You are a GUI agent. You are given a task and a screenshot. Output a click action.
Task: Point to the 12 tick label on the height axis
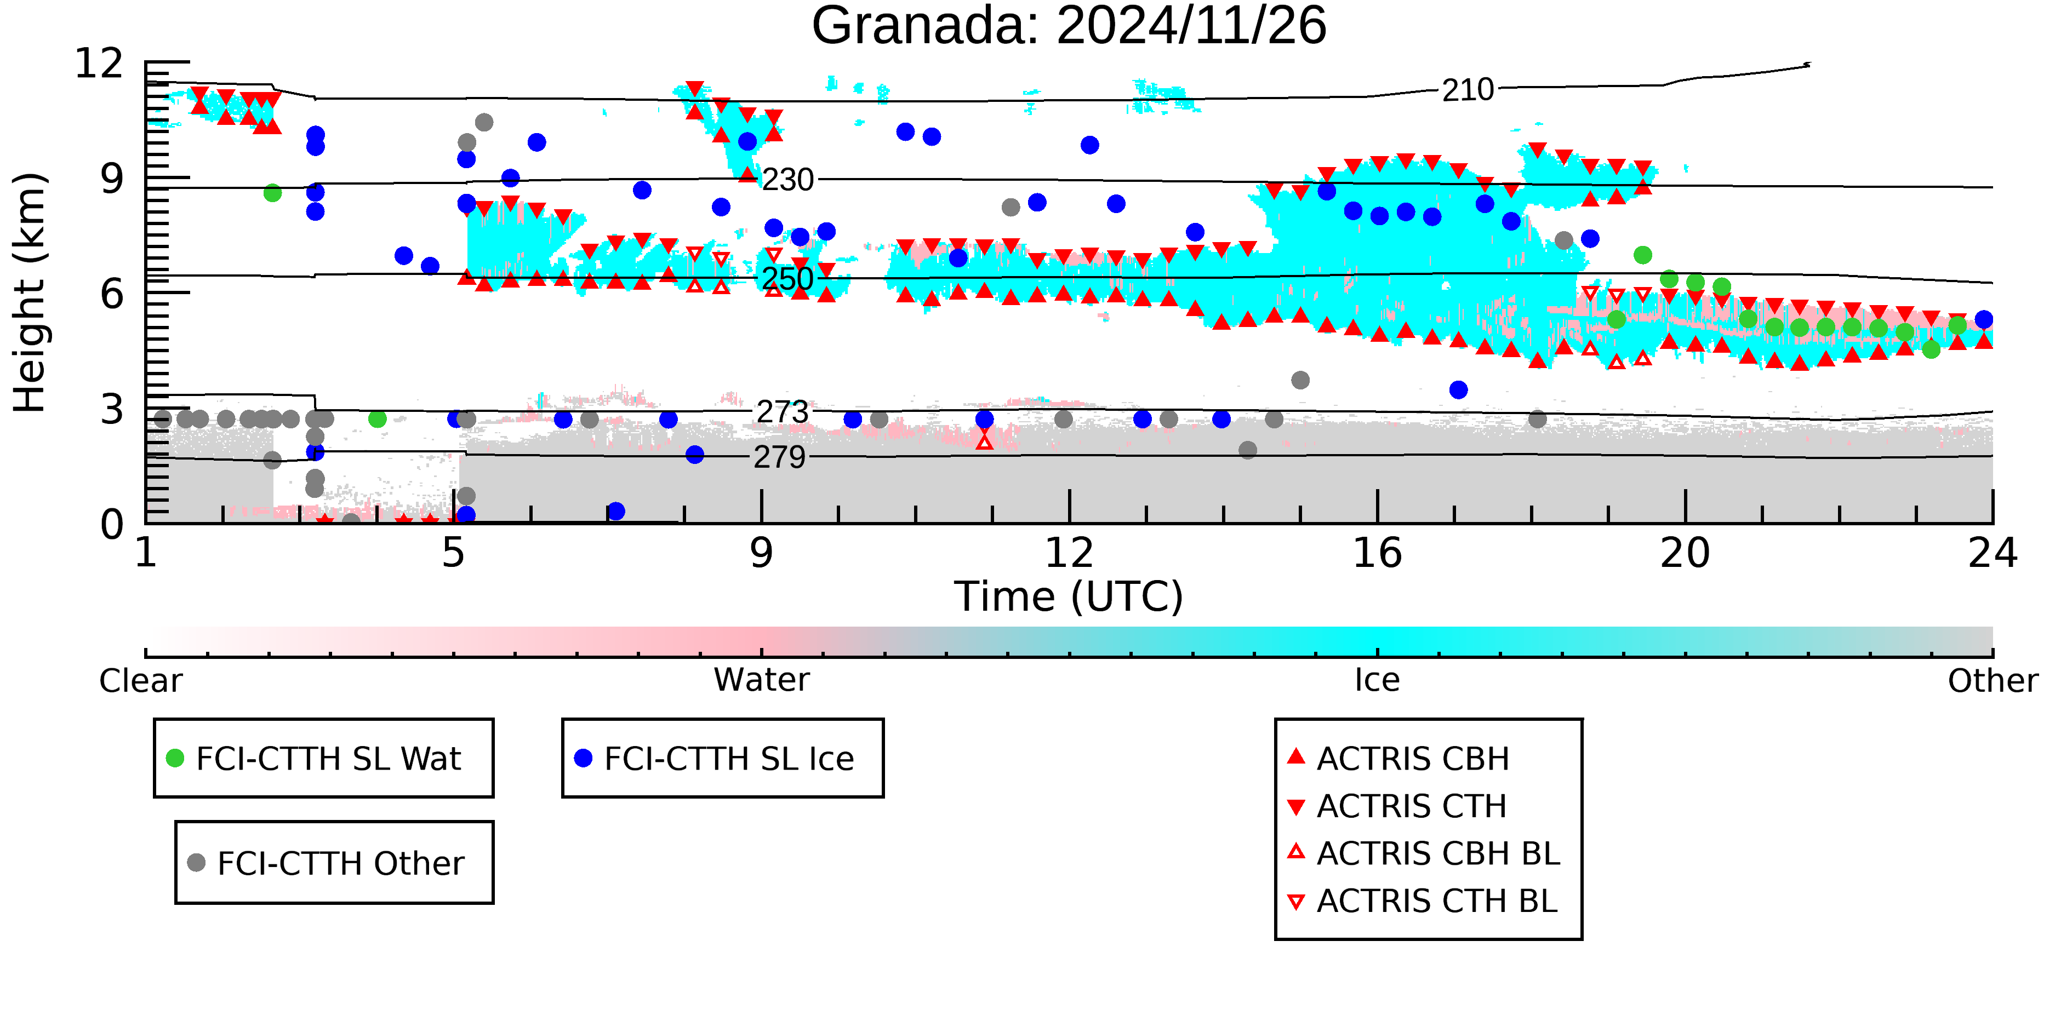coord(99,64)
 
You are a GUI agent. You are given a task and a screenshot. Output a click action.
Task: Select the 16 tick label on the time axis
coord(1377,553)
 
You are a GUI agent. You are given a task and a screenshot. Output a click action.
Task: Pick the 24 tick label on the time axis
coord(1992,553)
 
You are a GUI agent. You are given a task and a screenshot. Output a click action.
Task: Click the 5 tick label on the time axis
coord(453,553)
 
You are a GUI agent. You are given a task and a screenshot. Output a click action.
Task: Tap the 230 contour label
coord(787,180)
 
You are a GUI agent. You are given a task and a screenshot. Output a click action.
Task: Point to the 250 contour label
coord(787,279)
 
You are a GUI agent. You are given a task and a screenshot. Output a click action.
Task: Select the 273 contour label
coord(782,412)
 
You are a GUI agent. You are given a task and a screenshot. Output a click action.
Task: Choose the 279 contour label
coord(779,458)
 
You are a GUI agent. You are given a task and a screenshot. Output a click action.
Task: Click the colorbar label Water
coord(761,680)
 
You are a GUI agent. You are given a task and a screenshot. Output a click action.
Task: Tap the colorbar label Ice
coord(1377,680)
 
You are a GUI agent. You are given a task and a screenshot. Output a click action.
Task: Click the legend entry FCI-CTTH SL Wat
coord(328,758)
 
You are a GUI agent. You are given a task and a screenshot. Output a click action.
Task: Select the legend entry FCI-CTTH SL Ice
coord(728,758)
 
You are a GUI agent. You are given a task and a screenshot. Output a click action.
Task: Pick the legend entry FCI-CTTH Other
coord(340,863)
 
